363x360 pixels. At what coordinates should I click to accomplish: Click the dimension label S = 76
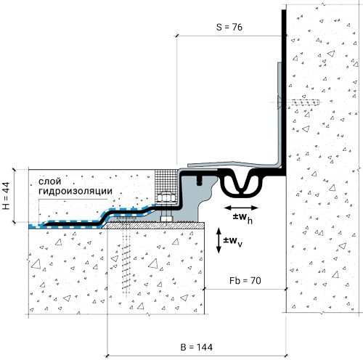coord(229,27)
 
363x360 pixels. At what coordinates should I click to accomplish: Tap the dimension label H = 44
coord(6,196)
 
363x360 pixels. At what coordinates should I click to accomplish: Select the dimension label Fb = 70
coord(245,281)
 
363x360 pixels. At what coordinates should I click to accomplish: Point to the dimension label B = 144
coord(197,347)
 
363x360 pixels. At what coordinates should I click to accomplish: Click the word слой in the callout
coord(50,181)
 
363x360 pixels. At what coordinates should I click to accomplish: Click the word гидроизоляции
coord(76,191)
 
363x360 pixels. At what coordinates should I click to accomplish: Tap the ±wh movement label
coord(242,218)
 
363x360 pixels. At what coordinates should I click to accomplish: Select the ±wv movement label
coord(232,241)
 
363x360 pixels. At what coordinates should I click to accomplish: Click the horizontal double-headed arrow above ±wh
coord(241,208)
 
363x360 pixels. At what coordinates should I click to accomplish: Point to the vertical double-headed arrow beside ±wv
coord(219,240)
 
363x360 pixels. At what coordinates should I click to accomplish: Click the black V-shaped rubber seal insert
coord(241,184)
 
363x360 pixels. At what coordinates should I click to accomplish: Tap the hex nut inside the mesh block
coord(166,198)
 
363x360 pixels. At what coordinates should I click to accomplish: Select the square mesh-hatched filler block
coord(166,187)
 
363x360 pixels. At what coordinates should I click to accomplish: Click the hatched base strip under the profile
coord(153,226)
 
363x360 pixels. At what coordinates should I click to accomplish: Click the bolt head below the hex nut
coord(166,218)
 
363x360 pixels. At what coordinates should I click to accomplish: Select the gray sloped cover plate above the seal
coord(232,165)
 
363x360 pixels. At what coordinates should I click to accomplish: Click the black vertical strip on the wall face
coord(284,92)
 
